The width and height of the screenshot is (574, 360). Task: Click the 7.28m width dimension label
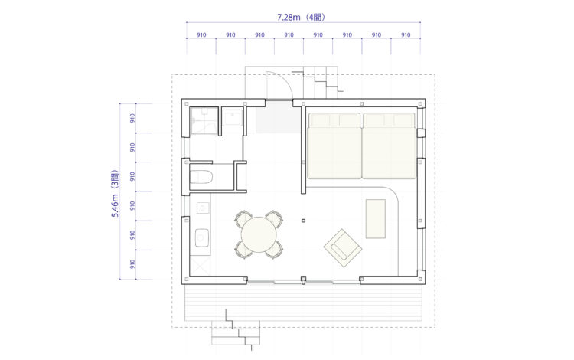pos(301,17)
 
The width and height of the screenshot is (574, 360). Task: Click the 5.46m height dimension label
pos(116,193)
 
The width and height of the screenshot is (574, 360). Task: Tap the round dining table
pos(259,234)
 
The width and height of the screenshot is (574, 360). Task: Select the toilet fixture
pos(201,177)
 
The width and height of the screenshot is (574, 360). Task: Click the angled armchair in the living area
pos(343,248)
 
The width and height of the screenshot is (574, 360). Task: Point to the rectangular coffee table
pos(376,218)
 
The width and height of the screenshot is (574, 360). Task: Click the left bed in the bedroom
pos(334,146)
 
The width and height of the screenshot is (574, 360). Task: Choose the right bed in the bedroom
pos(390,146)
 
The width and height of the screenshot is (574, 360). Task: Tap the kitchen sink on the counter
pos(201,237)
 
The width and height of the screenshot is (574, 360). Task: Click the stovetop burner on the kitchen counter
pos(203,208)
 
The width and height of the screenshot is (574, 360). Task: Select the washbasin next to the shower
pos(233,118)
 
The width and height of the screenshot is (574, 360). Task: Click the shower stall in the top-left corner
pos(204,121)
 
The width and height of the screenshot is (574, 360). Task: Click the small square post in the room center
pos(303,221)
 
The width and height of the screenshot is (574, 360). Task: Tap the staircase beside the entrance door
pos(321,82)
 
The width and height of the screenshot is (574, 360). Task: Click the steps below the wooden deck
pos(236,332)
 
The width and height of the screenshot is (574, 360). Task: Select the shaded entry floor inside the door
pos(279,117)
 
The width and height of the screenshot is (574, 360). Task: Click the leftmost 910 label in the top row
pos(201,34)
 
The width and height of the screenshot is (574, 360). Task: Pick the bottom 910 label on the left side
pos(132,264)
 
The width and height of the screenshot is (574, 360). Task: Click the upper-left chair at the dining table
pos(242,218)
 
